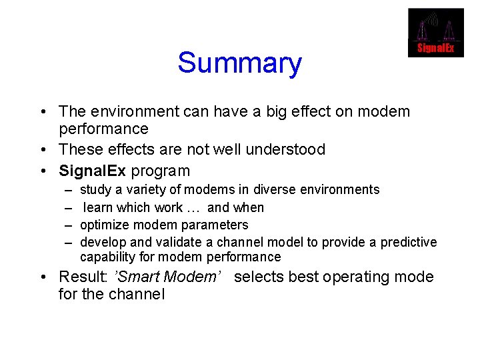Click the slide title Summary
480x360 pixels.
(239, 63)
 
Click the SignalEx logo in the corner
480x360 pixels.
(435, 33)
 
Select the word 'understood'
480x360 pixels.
(285, 149)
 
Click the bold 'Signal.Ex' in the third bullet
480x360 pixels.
(93, 171)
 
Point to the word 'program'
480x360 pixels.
(161, 171)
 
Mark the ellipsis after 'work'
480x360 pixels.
(195, 207)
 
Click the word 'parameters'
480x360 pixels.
(217, 225)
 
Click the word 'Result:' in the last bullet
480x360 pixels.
(83, 277)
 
